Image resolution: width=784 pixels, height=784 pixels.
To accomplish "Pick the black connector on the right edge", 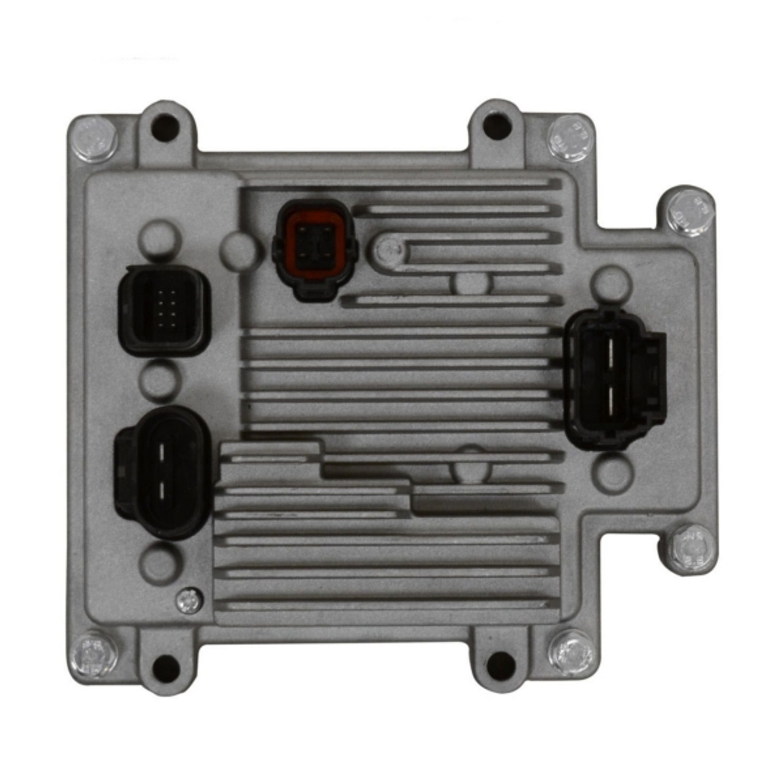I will (612, 380).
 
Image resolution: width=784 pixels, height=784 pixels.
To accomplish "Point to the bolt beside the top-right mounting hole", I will (570, 137).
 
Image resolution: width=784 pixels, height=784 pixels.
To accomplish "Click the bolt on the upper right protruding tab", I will (690, 208).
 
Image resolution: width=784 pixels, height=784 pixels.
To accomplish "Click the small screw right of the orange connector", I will (387, 249).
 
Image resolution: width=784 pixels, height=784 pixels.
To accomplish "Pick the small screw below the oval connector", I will (189, 600).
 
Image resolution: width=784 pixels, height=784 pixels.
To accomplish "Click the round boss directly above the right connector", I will (609, 282).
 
